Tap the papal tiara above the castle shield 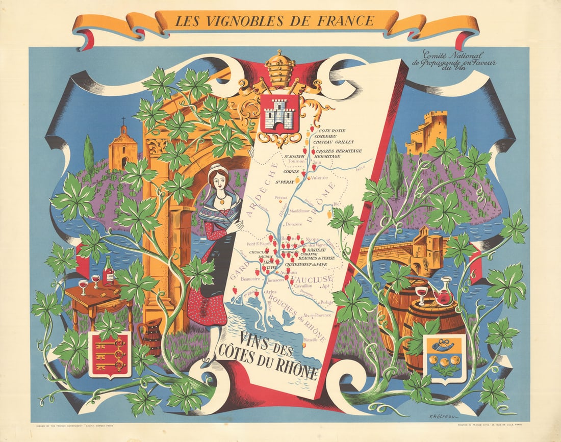click(x=279, y=68)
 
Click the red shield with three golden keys click(x=110, y=354)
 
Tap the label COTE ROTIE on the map click(x=331, y=131)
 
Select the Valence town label click(x=320, y=178)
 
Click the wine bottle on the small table click(x=108, y=272)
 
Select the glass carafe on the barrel click(x=444, y=292)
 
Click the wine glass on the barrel click(x=422, y=294)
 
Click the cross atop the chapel click(x=123, y=122)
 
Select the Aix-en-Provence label click(x=317, y=316)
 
